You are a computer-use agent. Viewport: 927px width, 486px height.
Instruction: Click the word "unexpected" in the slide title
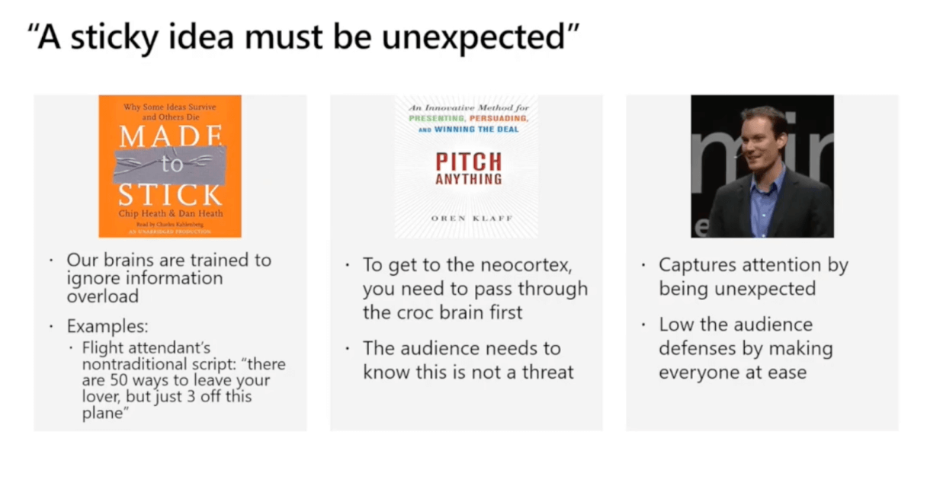(x=473, y=38)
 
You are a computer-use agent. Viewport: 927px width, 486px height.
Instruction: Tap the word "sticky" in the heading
(x=114, y=38)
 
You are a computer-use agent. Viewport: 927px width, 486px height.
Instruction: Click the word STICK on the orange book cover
(x=170, y=195)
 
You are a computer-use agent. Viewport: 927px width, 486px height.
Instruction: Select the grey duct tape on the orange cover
(x=170, y=165)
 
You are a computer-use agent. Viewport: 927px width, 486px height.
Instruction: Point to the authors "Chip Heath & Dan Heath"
(x=171, y=213)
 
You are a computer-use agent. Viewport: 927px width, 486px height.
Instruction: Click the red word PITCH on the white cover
(x=469, y=161)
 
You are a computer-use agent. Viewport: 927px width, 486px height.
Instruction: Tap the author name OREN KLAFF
(x=472, y=218)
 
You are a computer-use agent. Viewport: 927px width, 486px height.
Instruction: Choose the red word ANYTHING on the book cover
(x=469, y=180)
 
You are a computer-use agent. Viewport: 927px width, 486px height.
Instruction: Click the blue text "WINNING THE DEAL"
(x=476, y=129)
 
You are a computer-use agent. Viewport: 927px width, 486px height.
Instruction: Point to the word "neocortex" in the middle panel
(x=527, y=265)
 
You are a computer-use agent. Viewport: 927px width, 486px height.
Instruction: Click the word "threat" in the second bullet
(x=548, y=372)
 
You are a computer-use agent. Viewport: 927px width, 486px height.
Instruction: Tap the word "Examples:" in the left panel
(x=107, y=326)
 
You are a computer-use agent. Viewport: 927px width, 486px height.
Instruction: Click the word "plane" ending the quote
(x=103, y=413)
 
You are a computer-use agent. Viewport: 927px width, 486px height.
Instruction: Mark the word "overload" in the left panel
(x=103, y=296)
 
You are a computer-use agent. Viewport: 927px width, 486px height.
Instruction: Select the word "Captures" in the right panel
(x=698, y=265)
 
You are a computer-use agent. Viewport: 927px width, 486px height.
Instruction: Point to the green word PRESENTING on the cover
(x=436, y=118)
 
